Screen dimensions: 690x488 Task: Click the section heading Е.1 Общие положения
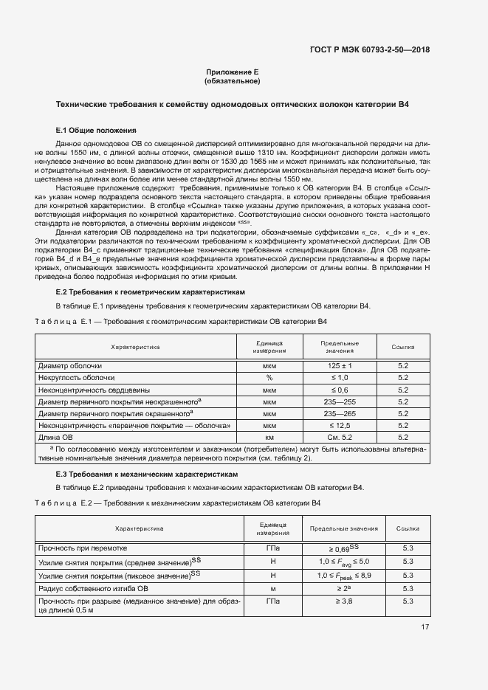click(91, 129)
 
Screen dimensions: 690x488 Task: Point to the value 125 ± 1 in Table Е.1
click(340, 365)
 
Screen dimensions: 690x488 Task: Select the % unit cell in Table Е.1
click(269, 377)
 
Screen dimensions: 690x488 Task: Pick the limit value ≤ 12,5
click(340, 426)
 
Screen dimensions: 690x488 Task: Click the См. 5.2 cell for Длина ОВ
click(340, 438)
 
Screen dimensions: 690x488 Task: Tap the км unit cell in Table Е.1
click(269, 438)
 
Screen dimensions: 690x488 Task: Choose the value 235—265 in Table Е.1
click(340, 413)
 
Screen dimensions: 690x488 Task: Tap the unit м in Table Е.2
click(272, 588)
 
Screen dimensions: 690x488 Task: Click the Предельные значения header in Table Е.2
click(343, 528)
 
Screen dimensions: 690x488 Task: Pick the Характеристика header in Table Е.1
click(135, 346)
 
